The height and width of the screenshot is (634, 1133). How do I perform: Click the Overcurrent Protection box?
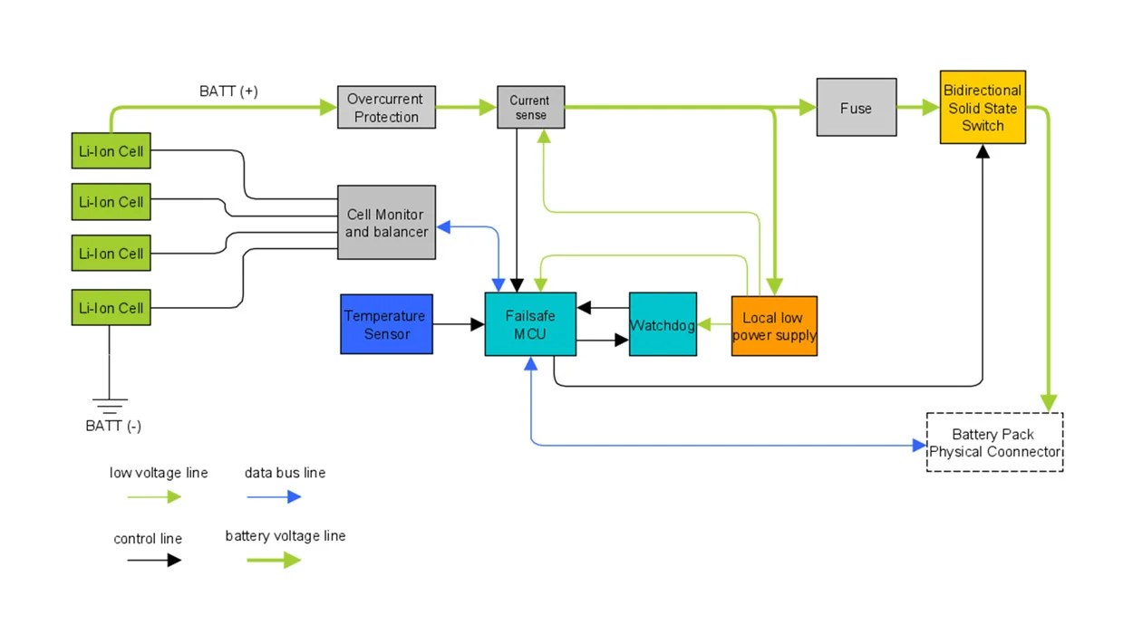[386, 108]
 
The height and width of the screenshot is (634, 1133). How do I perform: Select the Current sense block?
[530, 108]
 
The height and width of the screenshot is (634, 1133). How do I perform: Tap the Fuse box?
[856, 108]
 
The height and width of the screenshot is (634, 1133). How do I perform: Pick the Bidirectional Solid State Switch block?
[983, 108]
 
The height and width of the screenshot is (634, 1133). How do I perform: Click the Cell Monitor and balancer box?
[386, 223]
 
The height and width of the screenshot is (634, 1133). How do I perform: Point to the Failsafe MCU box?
[530, 324]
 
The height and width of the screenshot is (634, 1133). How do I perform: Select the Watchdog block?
[663, 324]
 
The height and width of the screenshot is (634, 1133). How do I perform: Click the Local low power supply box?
[774, 326]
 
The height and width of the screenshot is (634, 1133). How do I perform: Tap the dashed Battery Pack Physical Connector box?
[994, 442]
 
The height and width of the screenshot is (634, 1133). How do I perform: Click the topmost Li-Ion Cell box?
[111, 150]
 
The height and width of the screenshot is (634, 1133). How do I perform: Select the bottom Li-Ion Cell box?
[111, 308]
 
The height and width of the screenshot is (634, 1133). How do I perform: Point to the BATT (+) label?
[228, 91]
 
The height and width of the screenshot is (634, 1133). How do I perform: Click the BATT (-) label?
[113, 427]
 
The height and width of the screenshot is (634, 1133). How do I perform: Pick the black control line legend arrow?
[154, 561]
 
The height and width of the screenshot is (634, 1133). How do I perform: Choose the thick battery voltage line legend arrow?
[273, 561]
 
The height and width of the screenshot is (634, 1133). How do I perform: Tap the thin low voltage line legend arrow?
[154, 496]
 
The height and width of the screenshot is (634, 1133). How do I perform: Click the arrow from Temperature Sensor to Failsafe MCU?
[459, 324]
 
